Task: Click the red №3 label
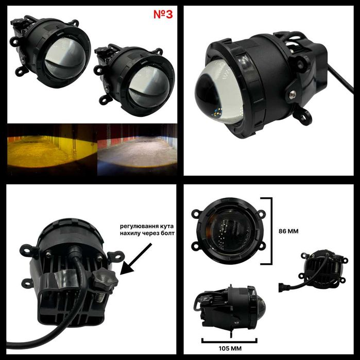point(163,14)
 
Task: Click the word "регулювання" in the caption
point(137,225)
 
